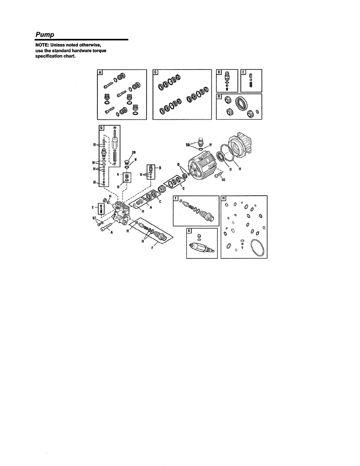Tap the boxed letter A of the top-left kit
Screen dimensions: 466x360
(99, 72)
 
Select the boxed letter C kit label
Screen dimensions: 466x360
(156, 72)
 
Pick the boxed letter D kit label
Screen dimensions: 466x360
(219, 96)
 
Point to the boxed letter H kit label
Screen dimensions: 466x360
(223, 198)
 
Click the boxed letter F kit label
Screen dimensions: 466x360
(176, 198)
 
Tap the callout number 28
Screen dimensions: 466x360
(134, 152)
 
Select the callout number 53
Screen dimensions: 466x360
(223, 180)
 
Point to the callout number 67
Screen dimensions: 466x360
(94, 219)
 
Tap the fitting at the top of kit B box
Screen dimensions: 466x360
(227, 75)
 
